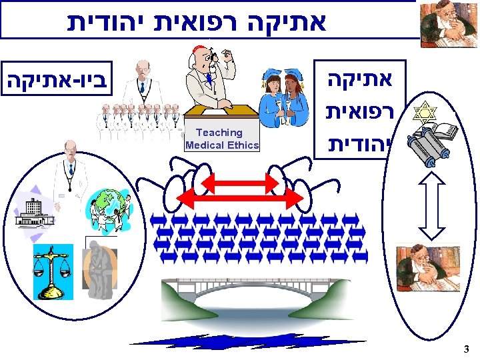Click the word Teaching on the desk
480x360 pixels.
click(x=219, y=133)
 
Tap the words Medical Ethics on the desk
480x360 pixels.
click(x=222, y=145)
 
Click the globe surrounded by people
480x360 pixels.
click(x=110, y=207)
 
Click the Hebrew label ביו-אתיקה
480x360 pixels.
click(x=57, y=83)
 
